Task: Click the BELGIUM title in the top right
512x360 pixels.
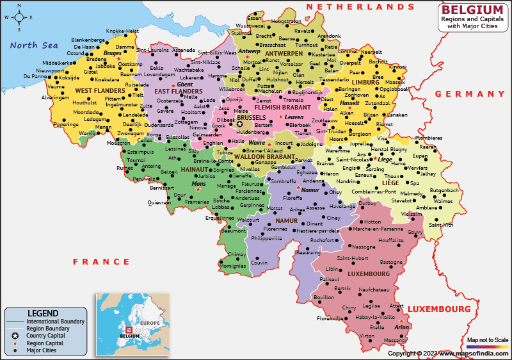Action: (472, 10)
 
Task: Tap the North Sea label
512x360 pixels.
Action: (33, 45)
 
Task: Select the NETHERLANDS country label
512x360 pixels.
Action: (360, 6)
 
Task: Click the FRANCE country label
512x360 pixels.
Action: (101, 261)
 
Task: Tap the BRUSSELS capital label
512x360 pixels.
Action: (251, 118)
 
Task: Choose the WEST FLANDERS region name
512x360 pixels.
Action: (81, 91)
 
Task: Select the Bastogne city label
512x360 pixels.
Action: (392, 262)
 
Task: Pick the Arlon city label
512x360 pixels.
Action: (402, 327)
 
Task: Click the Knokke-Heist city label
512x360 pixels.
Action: (122, 31)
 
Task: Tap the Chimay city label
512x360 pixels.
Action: (237, 254)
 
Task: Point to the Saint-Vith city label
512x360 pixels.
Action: (440, 225)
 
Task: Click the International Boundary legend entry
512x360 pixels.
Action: (54, 321)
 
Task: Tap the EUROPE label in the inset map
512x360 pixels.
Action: (150, 322)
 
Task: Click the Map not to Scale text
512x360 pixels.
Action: (488, 340)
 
